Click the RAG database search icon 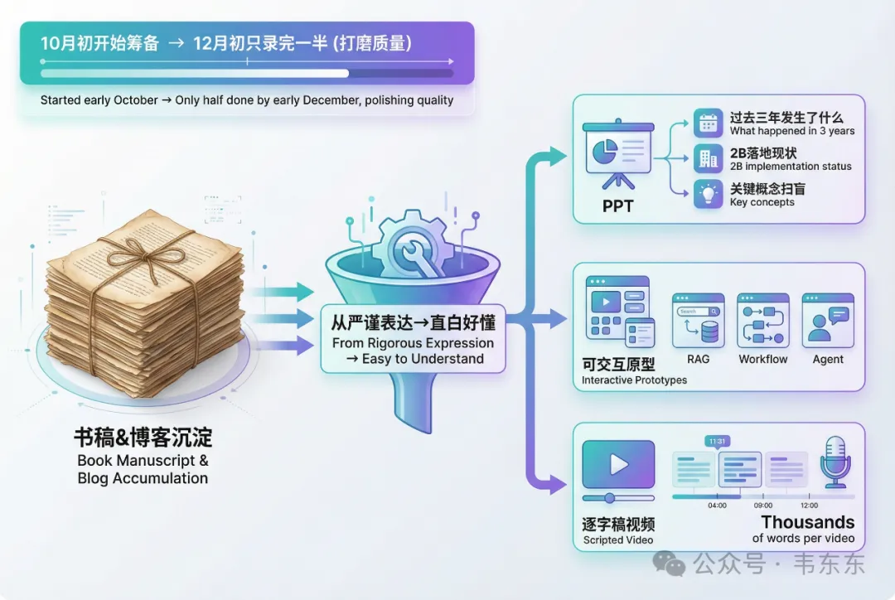point(698,321)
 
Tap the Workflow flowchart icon point(762,321)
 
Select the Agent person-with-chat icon point(827,321)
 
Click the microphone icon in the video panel point(835,462)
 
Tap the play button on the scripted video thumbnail point(618,464)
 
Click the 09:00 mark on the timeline point(762,505)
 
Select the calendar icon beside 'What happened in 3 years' point(708,123)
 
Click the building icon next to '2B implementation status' point(708,159)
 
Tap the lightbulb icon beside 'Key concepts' point(708,195)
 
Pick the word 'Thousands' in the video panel point(807,522)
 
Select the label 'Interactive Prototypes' point(634,380)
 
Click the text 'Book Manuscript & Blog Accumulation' point(143,469)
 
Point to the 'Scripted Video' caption point(617,540)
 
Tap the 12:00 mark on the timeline point(809,505)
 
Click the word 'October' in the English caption point(135,100)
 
